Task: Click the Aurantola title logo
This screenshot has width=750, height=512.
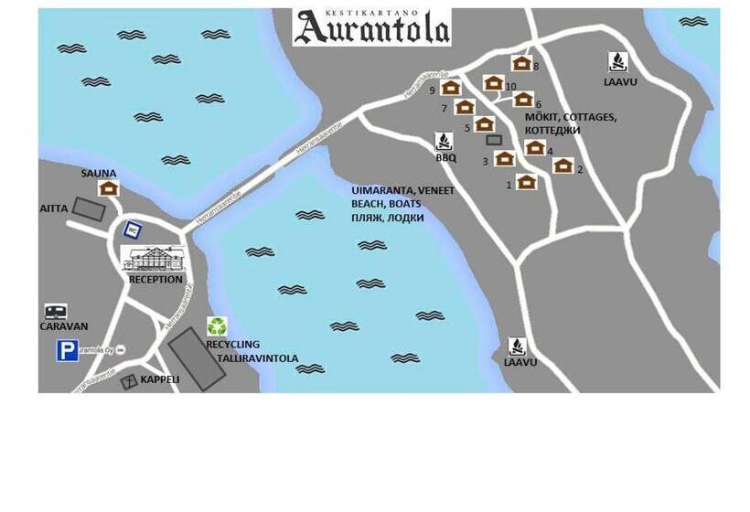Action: point(371,27)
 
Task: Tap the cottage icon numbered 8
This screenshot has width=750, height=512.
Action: point(521,63)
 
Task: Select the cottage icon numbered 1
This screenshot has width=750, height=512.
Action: point(526,182)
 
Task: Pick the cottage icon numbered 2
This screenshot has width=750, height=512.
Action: point(562,165)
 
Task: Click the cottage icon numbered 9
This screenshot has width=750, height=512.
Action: point(450,88)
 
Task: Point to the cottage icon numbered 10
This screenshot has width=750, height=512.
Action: point(493,83)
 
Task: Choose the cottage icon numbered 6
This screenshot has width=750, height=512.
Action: point(523,99)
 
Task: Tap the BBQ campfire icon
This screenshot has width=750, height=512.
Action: point(445,142)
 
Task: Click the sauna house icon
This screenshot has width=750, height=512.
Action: point(110,187)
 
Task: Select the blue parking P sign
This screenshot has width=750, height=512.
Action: point(67,350)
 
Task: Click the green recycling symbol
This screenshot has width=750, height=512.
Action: point(217,325)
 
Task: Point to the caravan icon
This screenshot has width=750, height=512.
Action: point(56,312)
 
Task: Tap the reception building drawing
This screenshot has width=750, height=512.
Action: point(154,259)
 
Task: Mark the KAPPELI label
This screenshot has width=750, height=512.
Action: point(160,379)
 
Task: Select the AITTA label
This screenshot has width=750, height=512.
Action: point(54,208)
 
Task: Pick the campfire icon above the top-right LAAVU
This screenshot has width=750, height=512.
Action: point(618,62)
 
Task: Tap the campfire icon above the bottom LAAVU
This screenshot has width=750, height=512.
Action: point(518,347)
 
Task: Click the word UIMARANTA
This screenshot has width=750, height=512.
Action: point(385,190)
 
